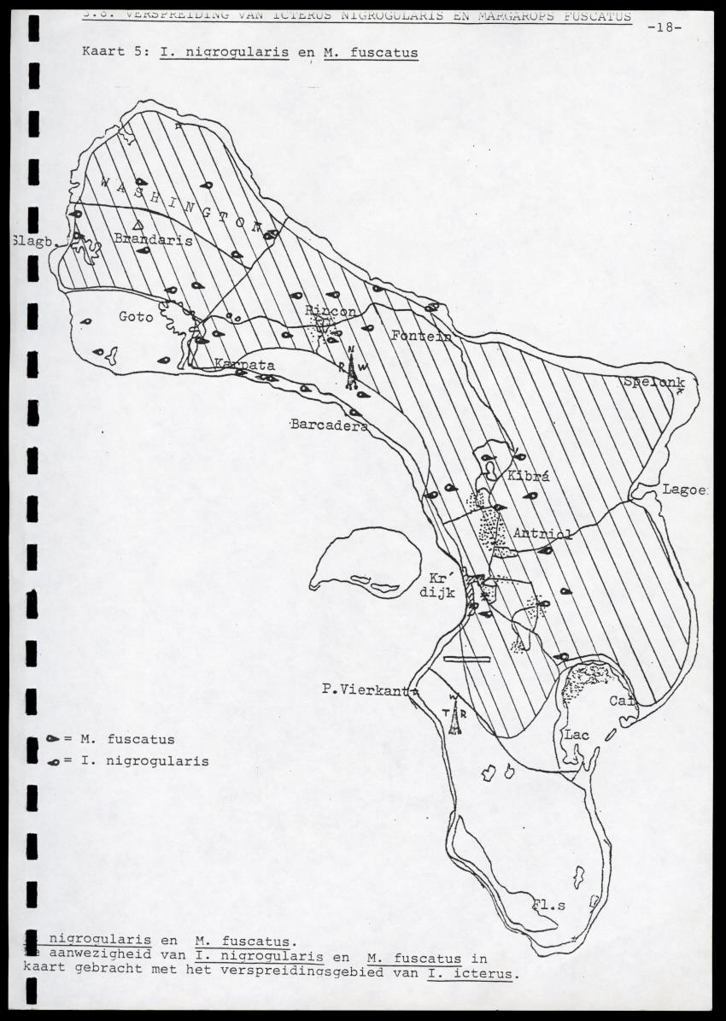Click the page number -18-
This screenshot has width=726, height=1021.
coord(665,26)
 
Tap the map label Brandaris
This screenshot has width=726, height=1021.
coord(153,241)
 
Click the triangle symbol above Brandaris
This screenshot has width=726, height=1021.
coord(138,225)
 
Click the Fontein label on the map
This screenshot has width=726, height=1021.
coord(420,336)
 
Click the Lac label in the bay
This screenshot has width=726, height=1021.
coord(576,734)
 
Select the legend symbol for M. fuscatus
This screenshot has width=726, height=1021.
coord(52,738)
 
